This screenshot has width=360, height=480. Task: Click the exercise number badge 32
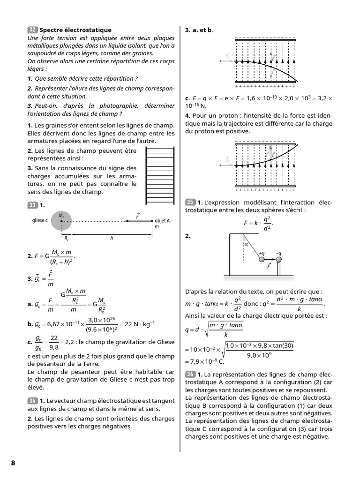tap(32, 30)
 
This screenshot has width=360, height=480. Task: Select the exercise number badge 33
tap(32, 205)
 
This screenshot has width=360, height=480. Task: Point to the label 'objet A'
tap(162, 220)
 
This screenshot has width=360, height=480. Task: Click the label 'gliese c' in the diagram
tap(40, 220)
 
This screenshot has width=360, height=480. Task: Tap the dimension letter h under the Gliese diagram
tap(112, 238)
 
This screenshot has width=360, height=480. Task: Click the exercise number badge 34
tap(32, 400)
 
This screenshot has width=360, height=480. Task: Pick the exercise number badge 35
tap(190, 202)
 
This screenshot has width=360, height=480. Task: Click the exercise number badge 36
tap(190, 374)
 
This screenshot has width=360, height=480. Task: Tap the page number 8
tap(13, 463)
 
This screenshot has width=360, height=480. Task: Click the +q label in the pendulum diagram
tap(262, 253)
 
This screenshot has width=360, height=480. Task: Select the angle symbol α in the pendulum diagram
tap(246, 244)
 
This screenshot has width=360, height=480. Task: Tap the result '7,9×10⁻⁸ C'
tap(206, 361)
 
